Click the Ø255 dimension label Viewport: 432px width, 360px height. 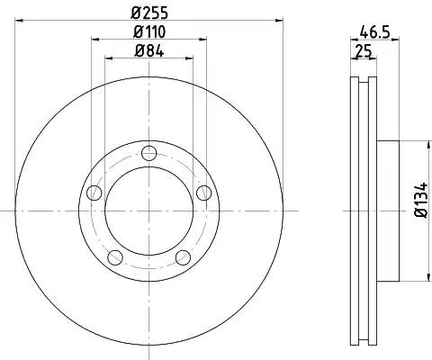149,13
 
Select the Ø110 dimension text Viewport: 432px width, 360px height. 149,31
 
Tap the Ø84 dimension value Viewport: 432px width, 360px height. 149,50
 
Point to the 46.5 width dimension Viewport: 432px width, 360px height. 374,31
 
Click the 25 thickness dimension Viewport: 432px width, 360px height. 364,50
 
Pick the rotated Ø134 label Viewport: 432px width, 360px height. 421,200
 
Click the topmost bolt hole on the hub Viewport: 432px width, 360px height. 149,153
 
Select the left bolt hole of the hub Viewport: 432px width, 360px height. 94,193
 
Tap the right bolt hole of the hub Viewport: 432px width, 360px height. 204,193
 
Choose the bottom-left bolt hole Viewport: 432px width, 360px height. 115,257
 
